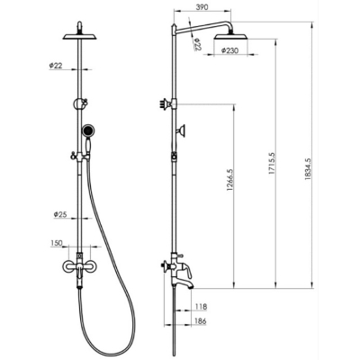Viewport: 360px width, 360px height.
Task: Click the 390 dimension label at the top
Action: click(202, 7)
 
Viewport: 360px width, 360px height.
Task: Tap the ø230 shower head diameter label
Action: click(229, 50)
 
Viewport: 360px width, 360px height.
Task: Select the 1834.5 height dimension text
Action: click(308, 169)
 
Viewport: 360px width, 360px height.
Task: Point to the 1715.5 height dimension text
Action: click(272, 164)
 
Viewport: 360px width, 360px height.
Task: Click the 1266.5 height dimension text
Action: click(229, 180)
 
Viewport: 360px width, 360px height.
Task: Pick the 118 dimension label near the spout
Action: click(201, 307)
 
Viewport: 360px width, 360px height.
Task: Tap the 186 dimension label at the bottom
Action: click(201, 321)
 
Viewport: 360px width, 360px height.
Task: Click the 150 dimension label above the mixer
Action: click(57, 243)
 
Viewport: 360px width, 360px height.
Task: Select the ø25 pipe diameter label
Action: click(60, 214)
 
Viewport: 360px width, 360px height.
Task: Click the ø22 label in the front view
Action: click(56, 66)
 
